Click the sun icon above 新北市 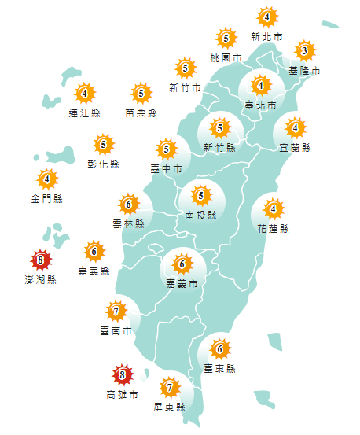point(267,17)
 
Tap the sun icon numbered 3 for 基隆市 point(304,52)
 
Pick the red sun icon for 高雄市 point(121,374)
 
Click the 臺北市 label point(261,105)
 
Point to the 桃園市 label point(226,58)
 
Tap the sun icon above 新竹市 point(185,68)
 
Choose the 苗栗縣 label point(141,112)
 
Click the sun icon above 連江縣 point(84,94)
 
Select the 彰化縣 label point(104,164)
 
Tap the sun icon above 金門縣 point(46,179)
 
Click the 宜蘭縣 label point(296,147)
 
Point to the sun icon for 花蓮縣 point(274,209)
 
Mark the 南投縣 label point(201,215)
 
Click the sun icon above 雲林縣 point(128,205)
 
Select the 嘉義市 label point(182,283)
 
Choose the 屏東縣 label point(170,407)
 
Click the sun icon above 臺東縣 point(221,349)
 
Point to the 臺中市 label point(166,168)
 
